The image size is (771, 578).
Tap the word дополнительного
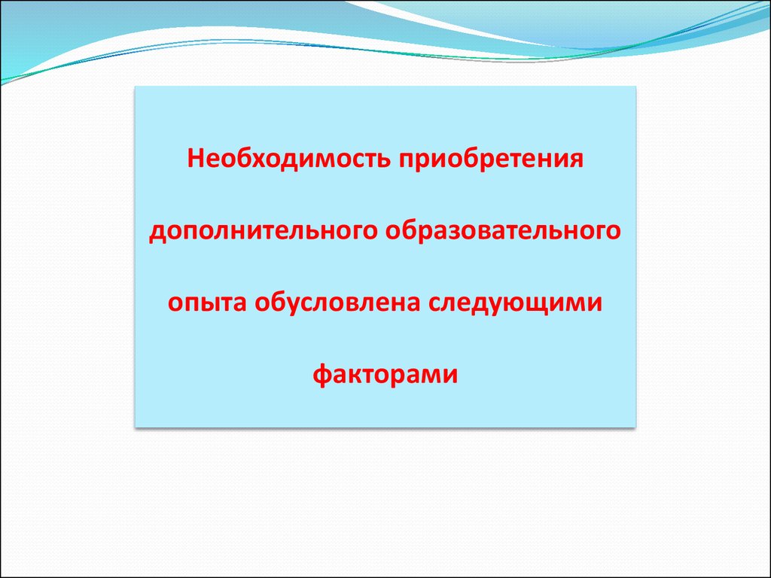[263, 231]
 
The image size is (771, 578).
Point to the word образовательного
[503, 230]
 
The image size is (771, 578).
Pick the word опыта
[206, 303]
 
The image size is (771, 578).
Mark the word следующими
[515, 303]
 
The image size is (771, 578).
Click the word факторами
[385, 373]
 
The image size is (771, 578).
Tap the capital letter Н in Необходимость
[196, 159]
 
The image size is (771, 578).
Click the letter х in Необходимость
[257, 161]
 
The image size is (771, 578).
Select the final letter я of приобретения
[576, 161]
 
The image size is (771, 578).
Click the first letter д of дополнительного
[157, 233]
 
